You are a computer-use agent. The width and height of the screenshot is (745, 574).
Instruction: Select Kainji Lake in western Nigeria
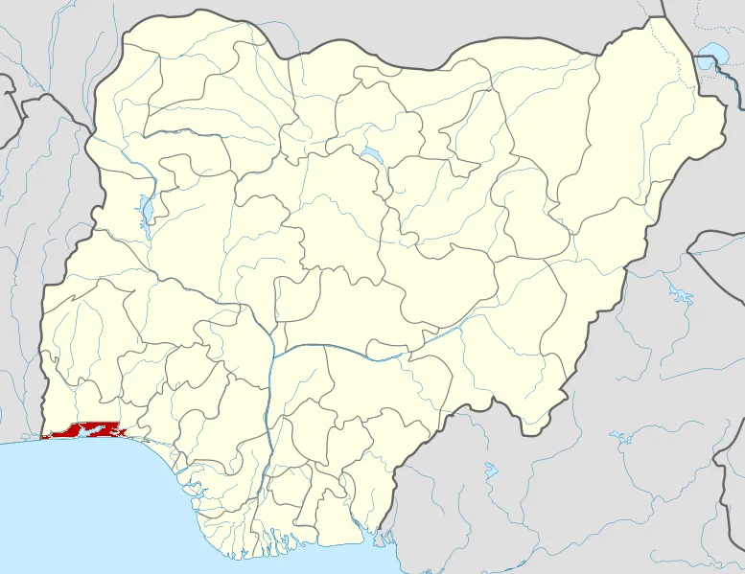146,210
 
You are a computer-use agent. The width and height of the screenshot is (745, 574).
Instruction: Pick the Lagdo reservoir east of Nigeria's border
682,292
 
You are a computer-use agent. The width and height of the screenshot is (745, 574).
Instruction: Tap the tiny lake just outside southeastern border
491,470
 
